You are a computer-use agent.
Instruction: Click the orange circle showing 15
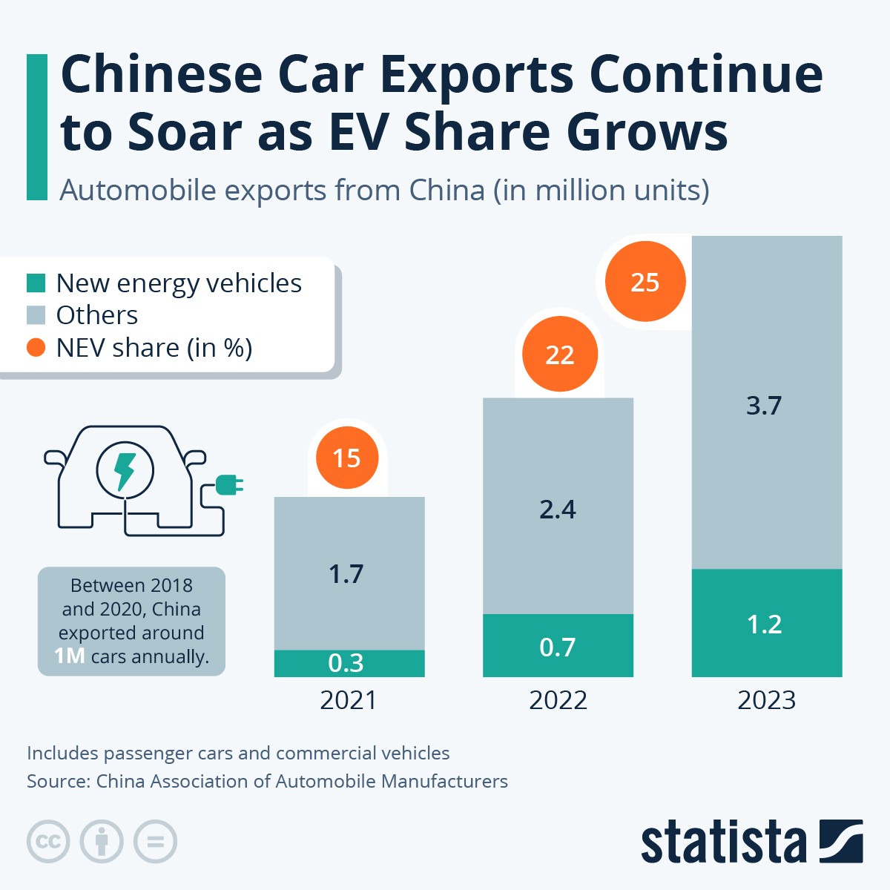pos(347,458)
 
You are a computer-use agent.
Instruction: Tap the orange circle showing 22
pos(559,354)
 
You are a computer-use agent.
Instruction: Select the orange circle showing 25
pos(645,282)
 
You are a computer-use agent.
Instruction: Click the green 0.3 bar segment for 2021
pos(349,663)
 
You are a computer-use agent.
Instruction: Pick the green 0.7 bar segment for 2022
pos(558,646)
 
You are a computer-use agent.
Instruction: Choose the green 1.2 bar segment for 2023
pos(766,623)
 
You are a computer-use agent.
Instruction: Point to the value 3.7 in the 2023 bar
pos(764,406)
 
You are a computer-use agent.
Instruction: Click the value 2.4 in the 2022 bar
pos(558,510)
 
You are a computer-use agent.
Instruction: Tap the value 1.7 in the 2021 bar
pos(346,573)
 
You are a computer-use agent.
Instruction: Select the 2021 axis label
pos(349,700)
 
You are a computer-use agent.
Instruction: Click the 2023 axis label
pos(766,700)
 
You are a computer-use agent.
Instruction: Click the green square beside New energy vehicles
pos(36,283)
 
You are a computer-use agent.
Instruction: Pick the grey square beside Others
pos(36,315)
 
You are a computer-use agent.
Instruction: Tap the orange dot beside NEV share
pos(36,347)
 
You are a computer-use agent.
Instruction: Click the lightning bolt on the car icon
pos(125,470)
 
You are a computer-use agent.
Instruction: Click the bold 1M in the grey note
pos(70,656)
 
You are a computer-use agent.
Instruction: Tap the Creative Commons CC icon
pos(48,842)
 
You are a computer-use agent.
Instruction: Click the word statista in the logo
pos(723,842)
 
